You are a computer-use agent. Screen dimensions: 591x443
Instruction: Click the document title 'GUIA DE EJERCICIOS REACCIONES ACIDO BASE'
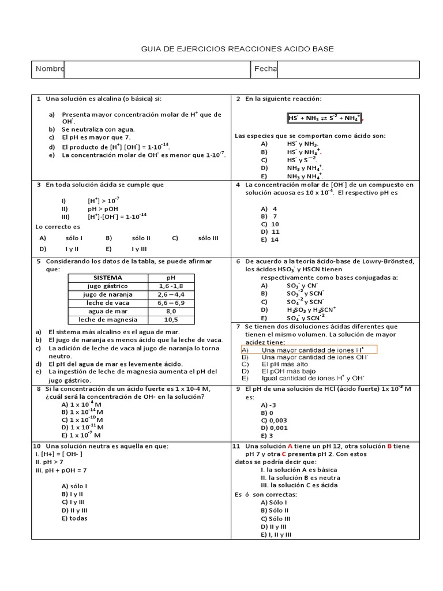[237, 50]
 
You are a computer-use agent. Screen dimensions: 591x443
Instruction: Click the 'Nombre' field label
[50, 69]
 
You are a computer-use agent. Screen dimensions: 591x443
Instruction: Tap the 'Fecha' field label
[265, 69]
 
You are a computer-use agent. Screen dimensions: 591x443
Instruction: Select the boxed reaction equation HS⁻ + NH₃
[324, 118]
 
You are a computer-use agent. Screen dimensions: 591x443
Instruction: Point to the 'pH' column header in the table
[171, 277]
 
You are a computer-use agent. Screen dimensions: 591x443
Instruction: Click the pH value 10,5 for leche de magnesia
[171, 319]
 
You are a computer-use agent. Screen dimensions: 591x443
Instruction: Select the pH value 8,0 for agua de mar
[171, 311]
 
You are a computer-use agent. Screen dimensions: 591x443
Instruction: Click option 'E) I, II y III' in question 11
[276, 534]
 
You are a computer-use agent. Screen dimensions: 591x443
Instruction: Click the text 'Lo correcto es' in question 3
[57, 227]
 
